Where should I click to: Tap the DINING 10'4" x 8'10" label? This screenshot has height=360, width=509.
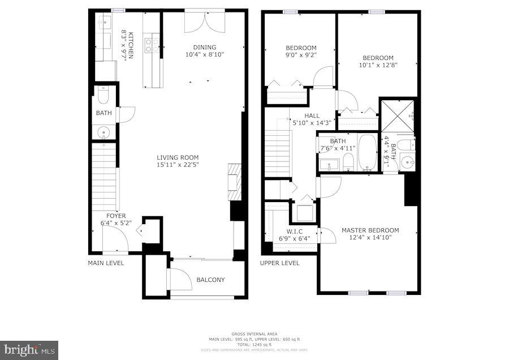pos(204,51)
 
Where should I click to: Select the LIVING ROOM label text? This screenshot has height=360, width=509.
pos(178,161)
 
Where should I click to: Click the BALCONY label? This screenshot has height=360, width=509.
pos(210,280)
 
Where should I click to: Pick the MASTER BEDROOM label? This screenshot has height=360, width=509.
pos(370,234)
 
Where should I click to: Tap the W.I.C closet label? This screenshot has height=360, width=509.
pos(294,235)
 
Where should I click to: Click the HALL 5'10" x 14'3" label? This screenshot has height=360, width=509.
pos(312,119)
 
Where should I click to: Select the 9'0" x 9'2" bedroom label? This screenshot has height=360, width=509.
pos(301,52)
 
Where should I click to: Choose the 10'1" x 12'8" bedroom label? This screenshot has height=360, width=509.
pos(377,61)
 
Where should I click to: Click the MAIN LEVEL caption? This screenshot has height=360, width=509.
pos(106,263)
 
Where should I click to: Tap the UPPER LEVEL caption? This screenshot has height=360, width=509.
pos(279,263)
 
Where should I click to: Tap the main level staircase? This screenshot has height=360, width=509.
pos(104,175)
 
